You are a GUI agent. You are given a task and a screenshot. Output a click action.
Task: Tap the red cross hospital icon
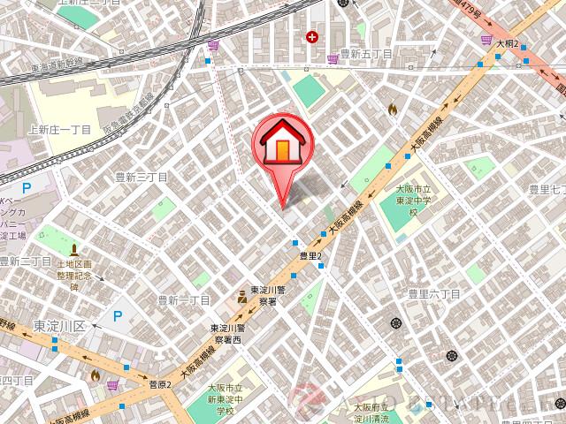point(311,36)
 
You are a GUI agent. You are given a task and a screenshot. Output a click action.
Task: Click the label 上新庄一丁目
point(60,129)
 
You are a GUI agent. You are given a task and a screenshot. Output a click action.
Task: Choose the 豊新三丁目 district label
point(141,177)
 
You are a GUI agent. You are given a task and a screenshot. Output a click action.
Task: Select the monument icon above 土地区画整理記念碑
point(74,251)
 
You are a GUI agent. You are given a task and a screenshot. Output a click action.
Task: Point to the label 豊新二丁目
point(26,261)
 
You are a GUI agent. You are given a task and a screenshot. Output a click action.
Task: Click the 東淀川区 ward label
point(58,327)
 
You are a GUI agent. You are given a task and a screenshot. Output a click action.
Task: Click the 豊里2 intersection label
point(312,255)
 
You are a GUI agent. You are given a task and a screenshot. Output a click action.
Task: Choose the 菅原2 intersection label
point(159,382)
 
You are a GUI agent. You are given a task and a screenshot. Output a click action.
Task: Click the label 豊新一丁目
point(183,301)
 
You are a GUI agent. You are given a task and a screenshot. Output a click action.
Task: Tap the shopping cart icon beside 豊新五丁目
point(332,58)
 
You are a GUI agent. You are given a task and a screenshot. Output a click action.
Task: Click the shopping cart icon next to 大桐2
point(486,40)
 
